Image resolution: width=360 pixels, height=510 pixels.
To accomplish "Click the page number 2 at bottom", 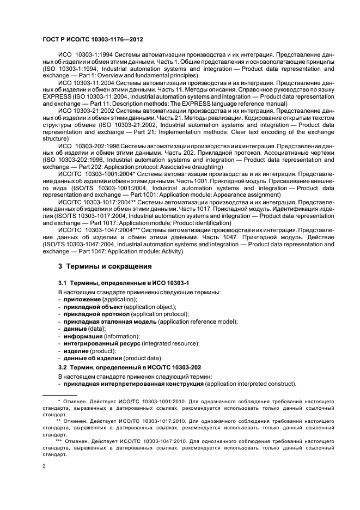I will (x=44, y=466).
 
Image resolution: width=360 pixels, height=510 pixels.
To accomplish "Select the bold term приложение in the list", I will (x=82, y=300).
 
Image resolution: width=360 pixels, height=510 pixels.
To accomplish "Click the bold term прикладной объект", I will (x=92, y=307).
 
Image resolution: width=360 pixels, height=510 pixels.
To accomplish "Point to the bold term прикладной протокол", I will (x=95, y=314).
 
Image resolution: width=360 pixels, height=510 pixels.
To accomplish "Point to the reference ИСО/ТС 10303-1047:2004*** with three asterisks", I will (x=95, y=229).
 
